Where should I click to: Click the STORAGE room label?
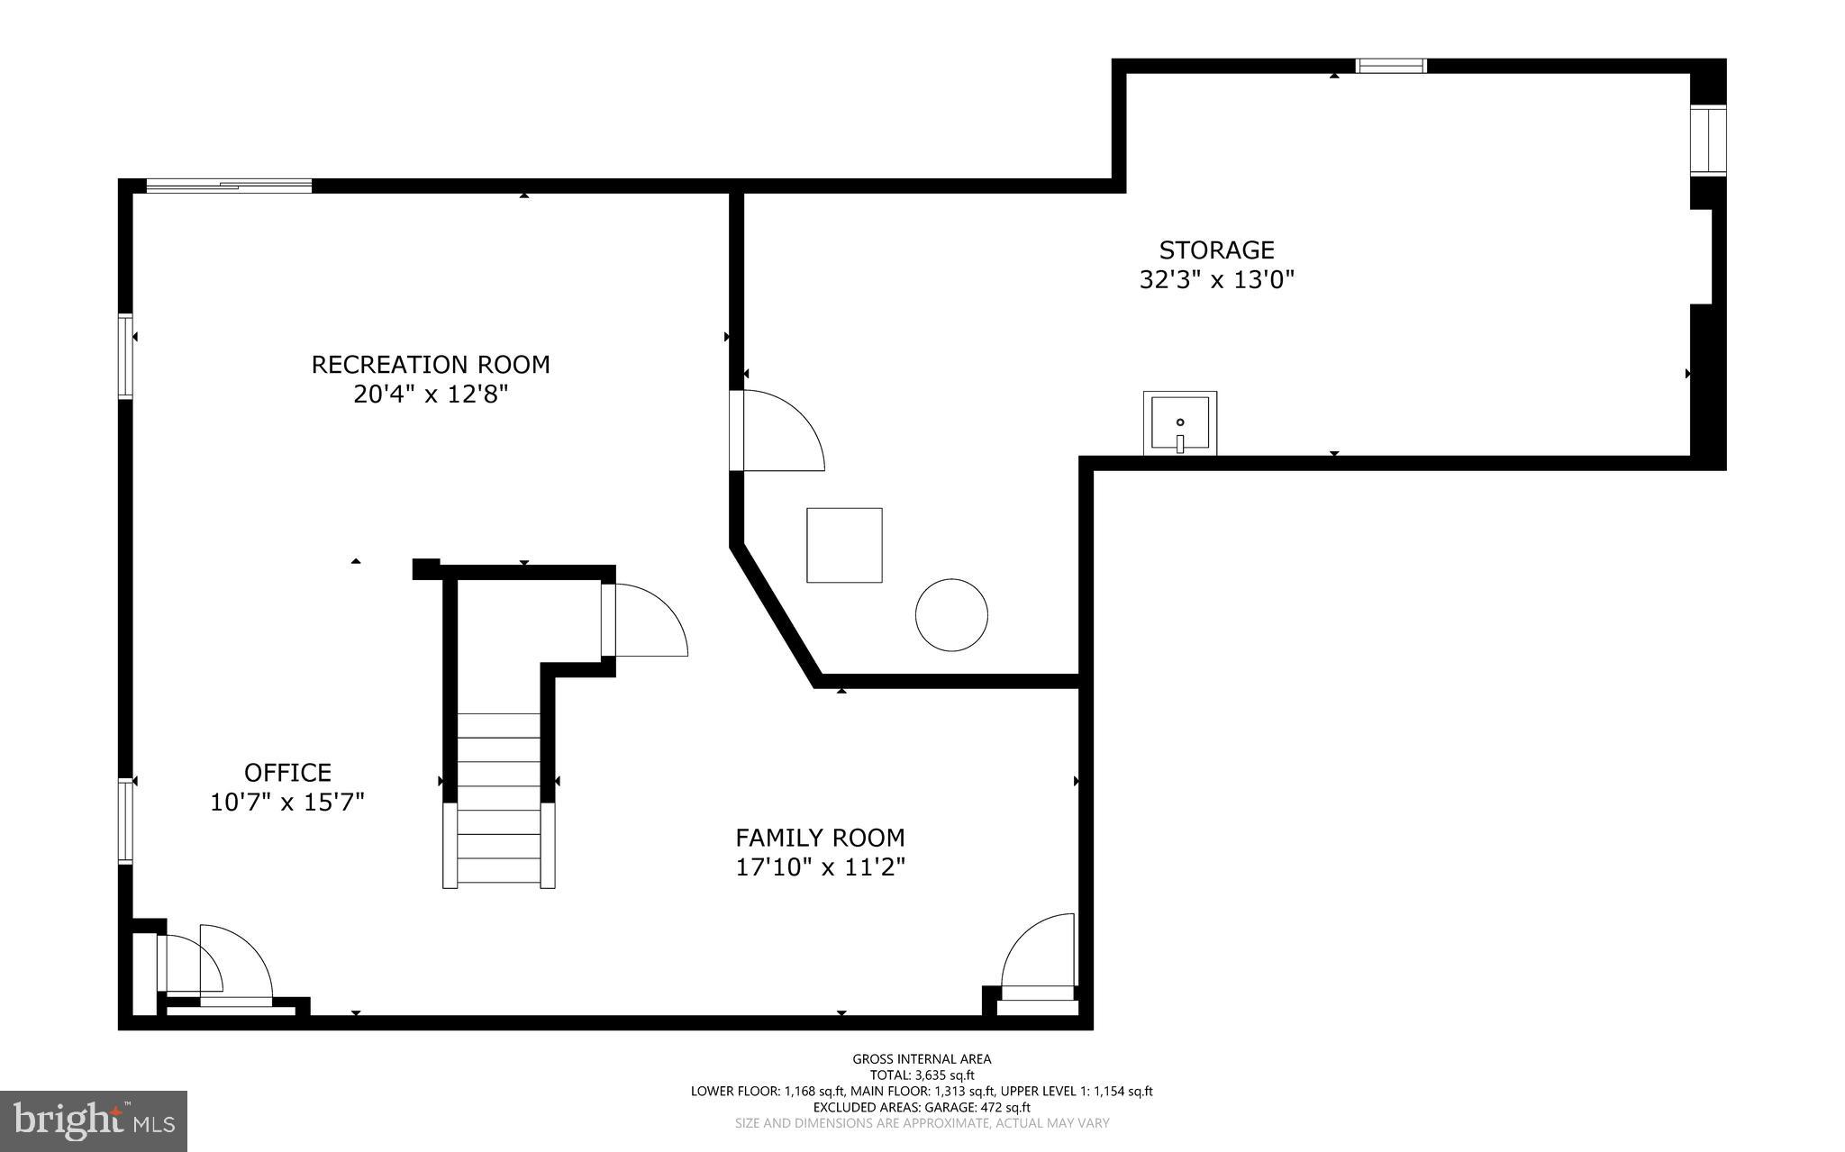1216,250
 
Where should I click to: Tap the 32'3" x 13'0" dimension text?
1216,280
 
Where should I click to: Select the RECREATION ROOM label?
431,365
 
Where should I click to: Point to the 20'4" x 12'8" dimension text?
431,395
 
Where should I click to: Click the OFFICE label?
287,773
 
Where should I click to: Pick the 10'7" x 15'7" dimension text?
287,802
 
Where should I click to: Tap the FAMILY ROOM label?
820,839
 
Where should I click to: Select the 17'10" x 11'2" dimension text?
820,867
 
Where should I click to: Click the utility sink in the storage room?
1179,422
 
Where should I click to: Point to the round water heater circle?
951,615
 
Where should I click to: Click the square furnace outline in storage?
844,545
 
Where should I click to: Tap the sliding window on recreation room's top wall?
229,186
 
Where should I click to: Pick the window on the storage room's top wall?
1391,66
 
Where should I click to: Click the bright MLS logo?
94,1120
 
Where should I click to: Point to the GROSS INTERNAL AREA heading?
922,1059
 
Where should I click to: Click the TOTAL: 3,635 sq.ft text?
922,1075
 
